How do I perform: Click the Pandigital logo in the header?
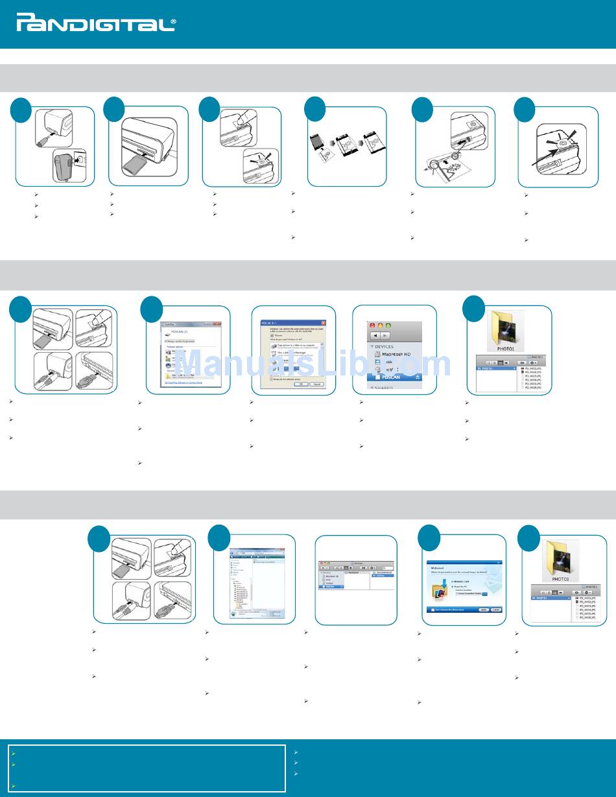95,25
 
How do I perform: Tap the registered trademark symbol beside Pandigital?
172,21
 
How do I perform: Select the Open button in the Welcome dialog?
484,610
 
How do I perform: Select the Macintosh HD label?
399,354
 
